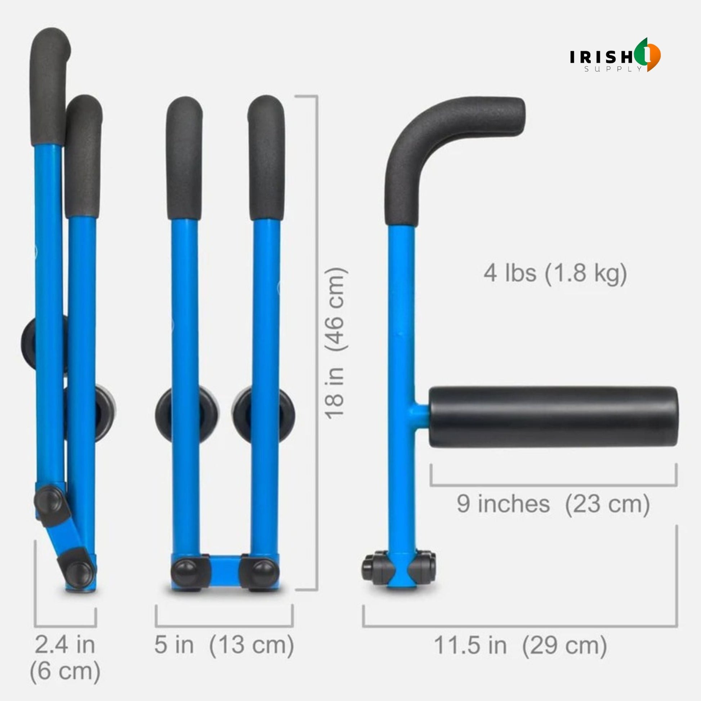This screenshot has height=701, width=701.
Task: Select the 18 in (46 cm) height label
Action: pyautogui.click(x=336, y=344)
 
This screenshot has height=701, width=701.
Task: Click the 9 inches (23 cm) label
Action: pyautogui.click(x=553, y=504)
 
